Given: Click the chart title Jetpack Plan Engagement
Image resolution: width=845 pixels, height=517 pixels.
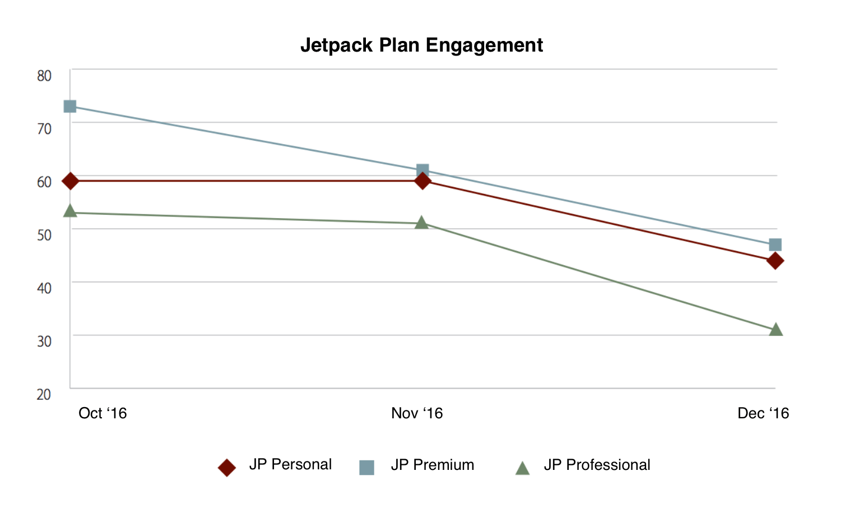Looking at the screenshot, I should tap(421, 45).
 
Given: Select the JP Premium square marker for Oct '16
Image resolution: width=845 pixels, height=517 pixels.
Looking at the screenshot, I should tap(70, 106).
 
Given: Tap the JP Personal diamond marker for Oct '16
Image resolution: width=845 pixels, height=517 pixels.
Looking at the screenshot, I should tap(70, 181).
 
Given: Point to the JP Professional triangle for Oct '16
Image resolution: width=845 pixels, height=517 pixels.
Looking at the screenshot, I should tap(70, 211).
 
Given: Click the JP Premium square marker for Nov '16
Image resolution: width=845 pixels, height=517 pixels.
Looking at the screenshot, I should tap(423, 170).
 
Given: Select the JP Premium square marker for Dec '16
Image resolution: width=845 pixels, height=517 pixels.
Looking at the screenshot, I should tap(776, 244).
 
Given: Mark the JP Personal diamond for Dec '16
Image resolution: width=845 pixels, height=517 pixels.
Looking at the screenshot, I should tap(776, 261).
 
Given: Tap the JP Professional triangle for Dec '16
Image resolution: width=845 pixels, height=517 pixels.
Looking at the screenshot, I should tap(776, 329).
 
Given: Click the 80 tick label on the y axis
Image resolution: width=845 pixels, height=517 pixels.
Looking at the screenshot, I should tap(44, 76).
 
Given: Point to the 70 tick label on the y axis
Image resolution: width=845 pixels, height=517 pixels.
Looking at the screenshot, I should tap(44, 129).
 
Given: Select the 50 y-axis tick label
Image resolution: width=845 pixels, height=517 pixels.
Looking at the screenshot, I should tap(44, 234).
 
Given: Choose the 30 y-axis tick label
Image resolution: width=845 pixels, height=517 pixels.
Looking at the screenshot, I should tap(44, 341).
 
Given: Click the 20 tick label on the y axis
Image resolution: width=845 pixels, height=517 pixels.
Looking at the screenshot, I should tap(44, 394).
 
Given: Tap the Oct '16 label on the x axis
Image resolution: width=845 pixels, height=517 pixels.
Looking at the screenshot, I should tap(103, 413).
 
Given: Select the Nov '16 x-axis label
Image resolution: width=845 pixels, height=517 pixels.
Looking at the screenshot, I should tap(417, 413).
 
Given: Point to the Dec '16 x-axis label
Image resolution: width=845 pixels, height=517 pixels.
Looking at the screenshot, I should tap(763, 413).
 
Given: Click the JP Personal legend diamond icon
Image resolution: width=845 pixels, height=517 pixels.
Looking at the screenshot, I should tap(227, 467).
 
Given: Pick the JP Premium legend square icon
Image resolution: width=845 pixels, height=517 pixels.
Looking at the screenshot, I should tap(366, 467).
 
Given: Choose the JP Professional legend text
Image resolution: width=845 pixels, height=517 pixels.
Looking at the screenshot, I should tap(597, 465).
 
